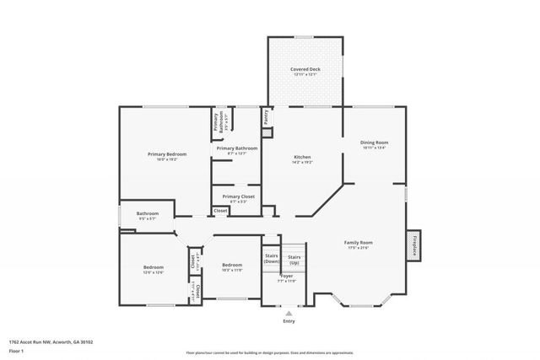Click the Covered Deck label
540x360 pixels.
click(305, 69)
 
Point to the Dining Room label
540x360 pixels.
click(375, 142)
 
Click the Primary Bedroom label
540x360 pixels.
click(167, 154)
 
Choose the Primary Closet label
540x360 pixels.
click(238, 196)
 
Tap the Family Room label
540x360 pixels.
click(358, 243)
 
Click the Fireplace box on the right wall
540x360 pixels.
click(414, 244)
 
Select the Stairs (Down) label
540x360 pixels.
click(271, 258)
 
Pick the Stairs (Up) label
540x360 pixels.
click(294, 258)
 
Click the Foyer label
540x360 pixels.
click(287, 276)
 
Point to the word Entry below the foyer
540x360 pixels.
click(289, 321)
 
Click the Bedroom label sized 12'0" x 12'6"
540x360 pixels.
click(154, 267)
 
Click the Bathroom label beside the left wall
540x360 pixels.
click(148, 213)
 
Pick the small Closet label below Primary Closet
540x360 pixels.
click(219, 210)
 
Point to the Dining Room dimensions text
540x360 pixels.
click(375, 148)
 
